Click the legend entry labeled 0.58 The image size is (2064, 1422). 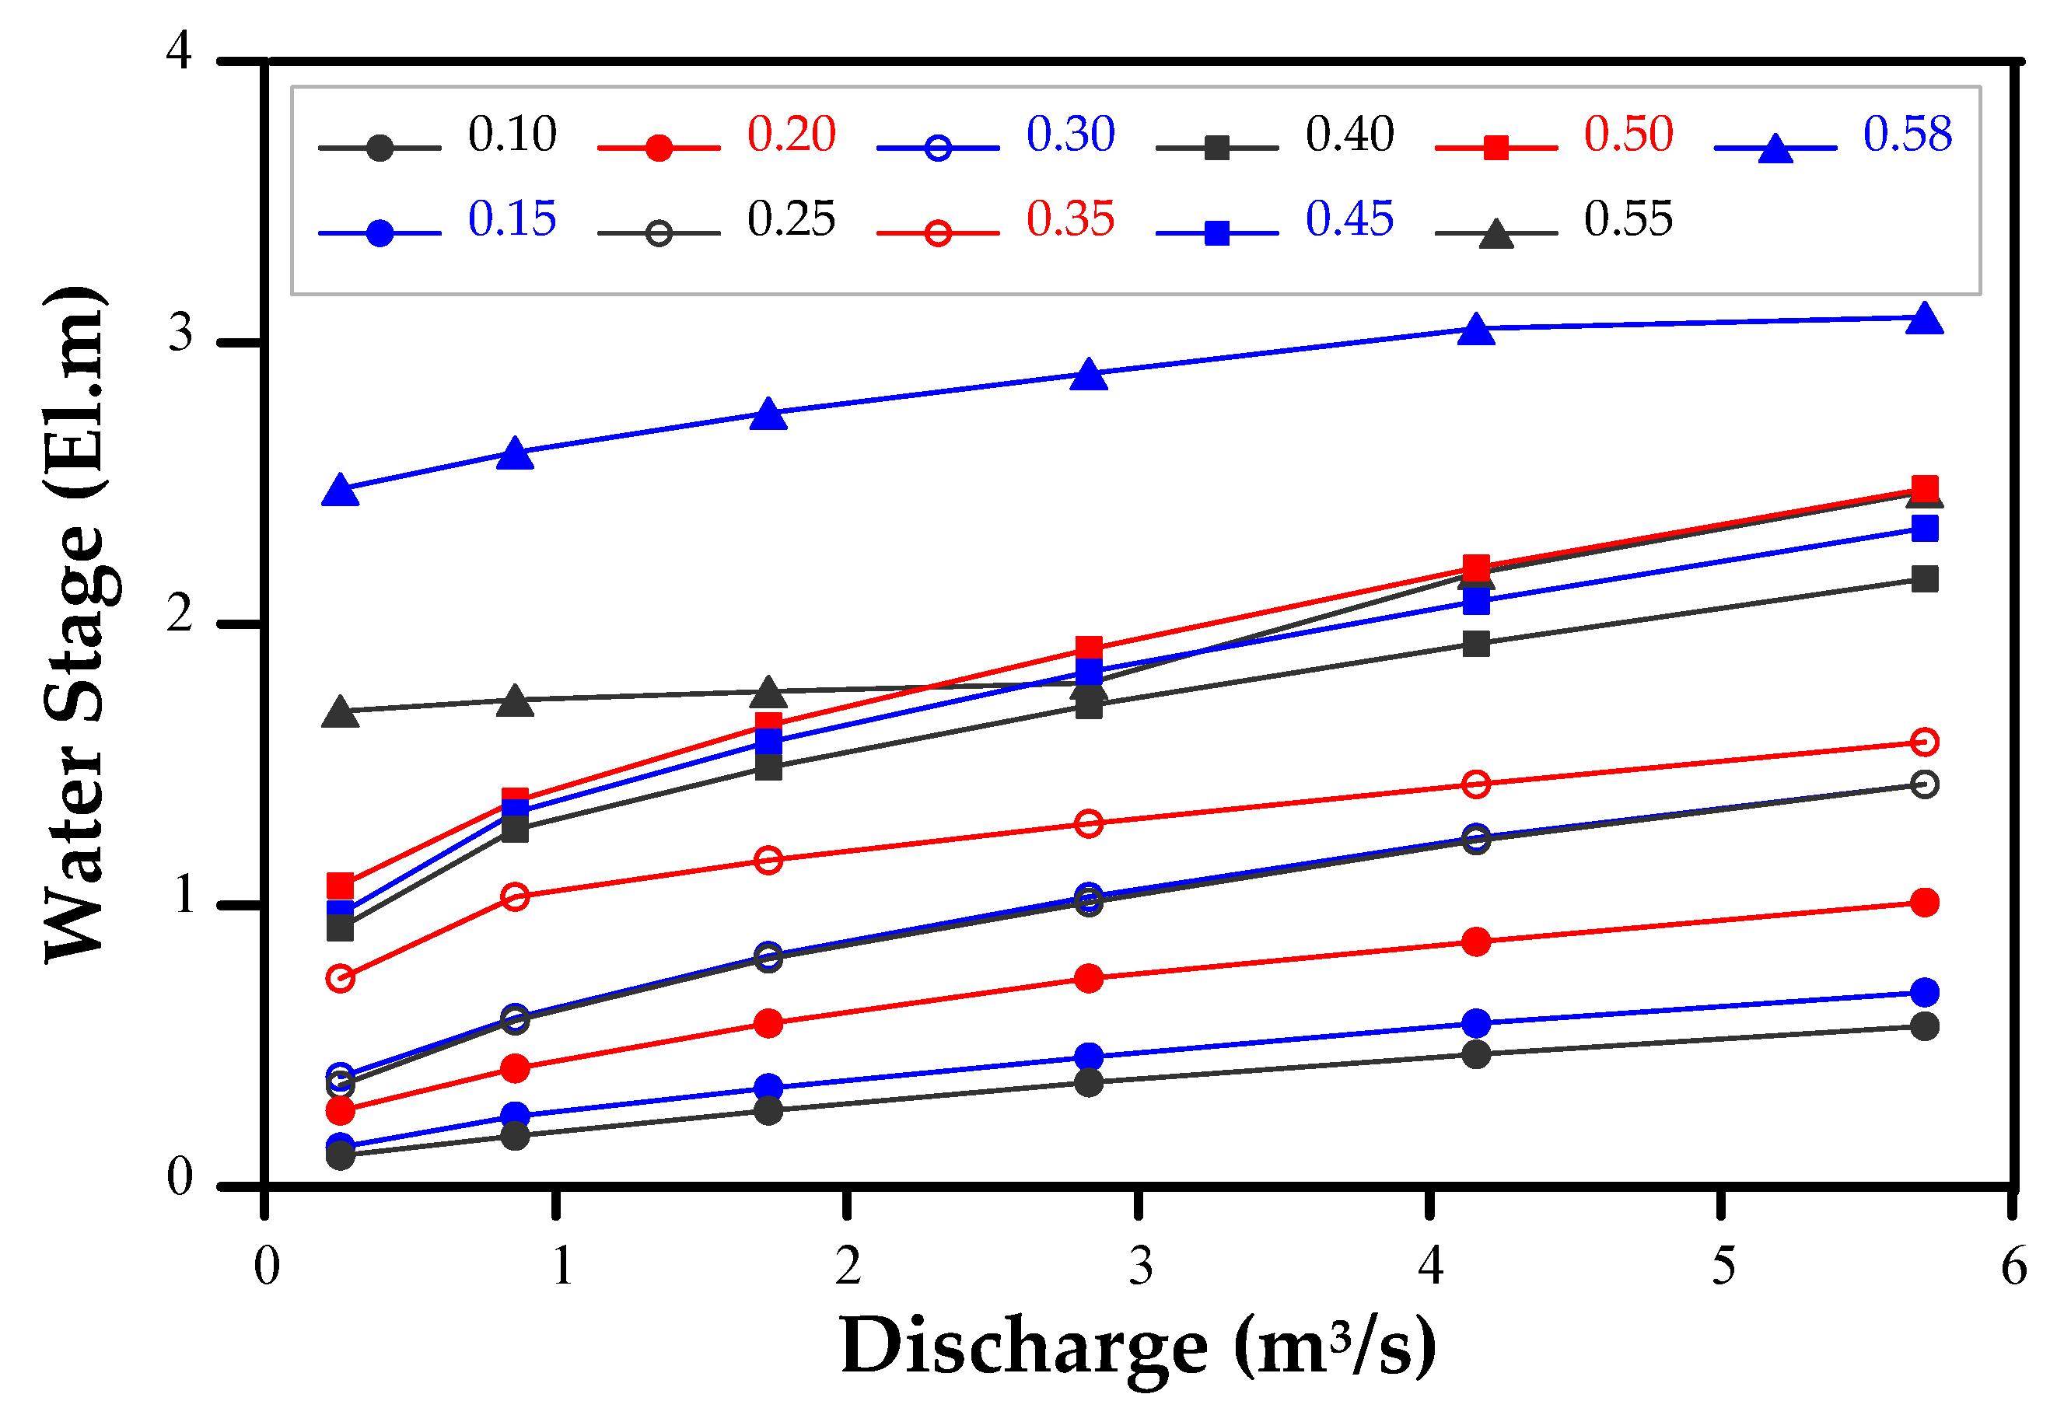tap(1906, 135)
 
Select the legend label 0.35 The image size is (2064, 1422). tap(1069, 219)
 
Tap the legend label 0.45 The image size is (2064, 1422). tap(1349, 219)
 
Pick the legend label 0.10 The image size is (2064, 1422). tap(512, 135)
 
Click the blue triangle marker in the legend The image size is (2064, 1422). tap(1775, 148)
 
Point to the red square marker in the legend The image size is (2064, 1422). tap(1496, 148)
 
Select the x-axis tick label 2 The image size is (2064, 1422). tap(848, 1266)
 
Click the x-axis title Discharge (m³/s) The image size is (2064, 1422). tap(1138, 1348)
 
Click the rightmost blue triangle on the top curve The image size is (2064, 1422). tap(1924, 318)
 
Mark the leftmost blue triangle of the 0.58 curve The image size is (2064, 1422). tap(341, 490)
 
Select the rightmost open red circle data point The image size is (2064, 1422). tap(1924, 741)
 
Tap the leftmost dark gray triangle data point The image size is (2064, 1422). tap(341, 712)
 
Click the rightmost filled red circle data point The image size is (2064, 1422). tap(1924, 903)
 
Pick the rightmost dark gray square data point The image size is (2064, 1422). tap(1924, 579)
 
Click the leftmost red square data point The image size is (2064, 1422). tap(341, 886)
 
